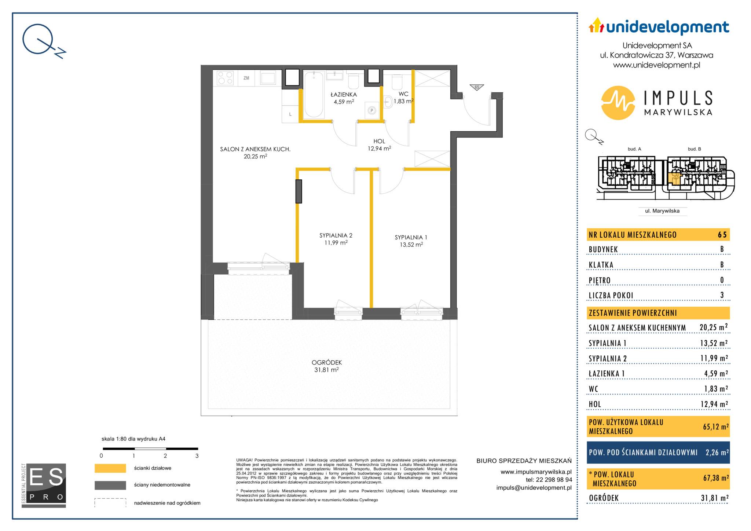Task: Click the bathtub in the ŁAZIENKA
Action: pos(314,94)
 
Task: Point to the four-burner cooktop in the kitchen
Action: pos(225,78)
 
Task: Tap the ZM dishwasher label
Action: pos(246,78)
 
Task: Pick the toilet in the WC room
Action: pos(397,82)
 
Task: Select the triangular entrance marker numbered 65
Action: pos(477,87)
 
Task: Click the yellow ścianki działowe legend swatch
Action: pos(110,468)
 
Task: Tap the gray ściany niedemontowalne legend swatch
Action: pos(110,485)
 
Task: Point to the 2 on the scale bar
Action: pos(165,456)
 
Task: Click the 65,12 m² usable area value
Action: pos(714,427)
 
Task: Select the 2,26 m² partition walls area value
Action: pos(717,453)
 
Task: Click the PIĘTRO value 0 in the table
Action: pos(722,281)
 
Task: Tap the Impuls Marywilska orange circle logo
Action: pos(618,103)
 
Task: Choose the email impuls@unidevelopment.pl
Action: pos(534,488)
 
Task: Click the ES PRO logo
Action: pos(44,486)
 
